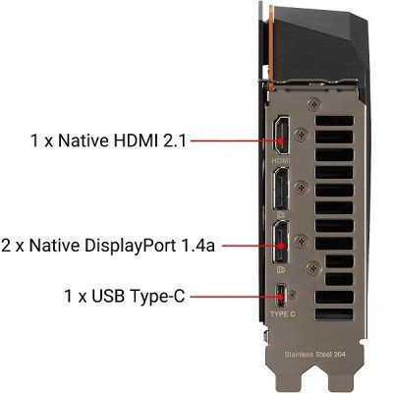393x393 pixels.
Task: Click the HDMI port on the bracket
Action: point(279,138)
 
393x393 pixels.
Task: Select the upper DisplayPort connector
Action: point(279,189)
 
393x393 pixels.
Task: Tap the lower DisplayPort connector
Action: point(279,241)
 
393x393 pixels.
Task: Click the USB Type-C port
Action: point(281,293)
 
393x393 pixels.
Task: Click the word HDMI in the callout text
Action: point(127,141)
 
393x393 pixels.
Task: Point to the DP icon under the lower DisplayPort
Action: point(279,265)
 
